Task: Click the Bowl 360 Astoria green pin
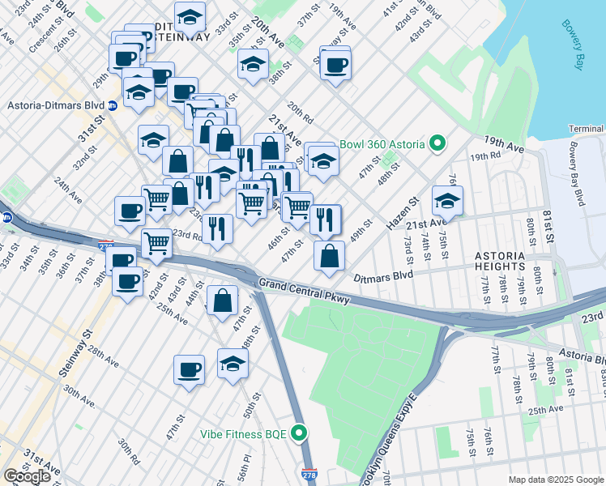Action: click(437, 144)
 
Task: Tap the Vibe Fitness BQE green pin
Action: click(300, 433)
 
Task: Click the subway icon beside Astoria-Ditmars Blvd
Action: click(113, 105)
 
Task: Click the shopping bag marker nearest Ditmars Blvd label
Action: click(329, 257)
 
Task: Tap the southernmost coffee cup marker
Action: click(189, 370)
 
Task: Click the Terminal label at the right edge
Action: click(587, 129)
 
